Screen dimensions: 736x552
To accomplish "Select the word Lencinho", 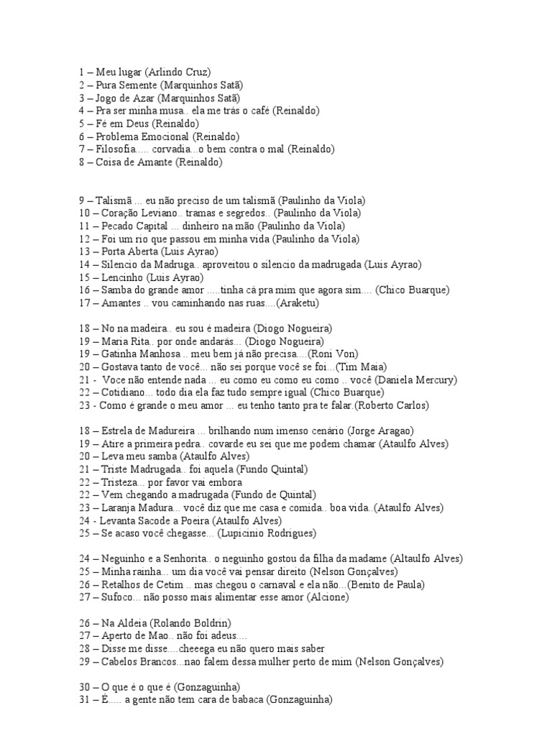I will click(x=119, y=277).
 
